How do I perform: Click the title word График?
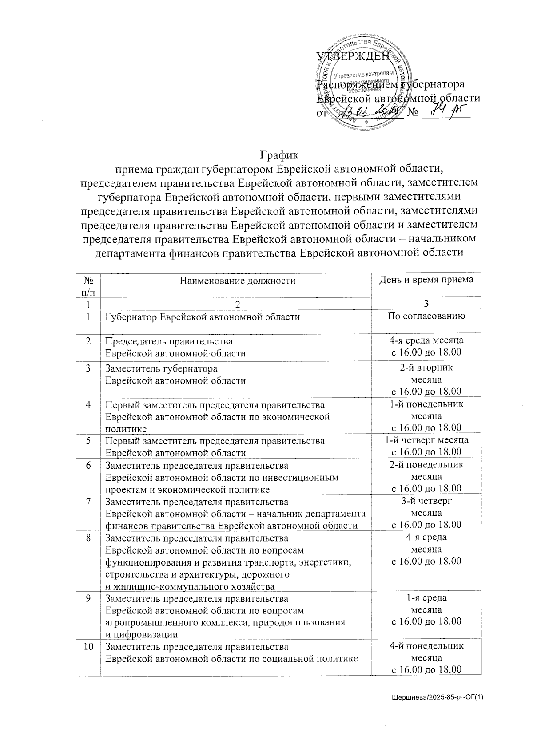coord(279,155)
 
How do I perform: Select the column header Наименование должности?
coord(237,281)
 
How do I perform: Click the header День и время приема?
coord(426,280)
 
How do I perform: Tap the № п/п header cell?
coord(88,286)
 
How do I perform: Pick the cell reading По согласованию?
coord(426,317)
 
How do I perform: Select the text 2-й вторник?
coord(426,368)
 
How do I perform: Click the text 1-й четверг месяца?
coord(426,440)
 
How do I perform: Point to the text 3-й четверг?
coord(426,501)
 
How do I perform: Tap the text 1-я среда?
coord(426,598)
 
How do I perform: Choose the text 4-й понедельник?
coord(426,646)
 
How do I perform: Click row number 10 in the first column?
coord(89,646)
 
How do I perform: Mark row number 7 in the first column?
coord(89,502)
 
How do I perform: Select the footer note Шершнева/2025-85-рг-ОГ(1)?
coord(437,698)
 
